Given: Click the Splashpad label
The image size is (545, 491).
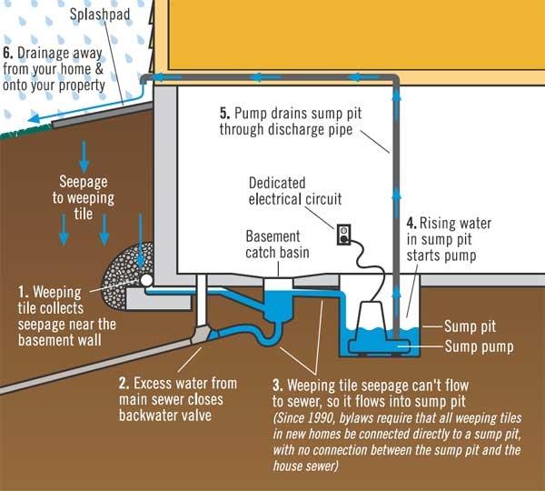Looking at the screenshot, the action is [100, 15].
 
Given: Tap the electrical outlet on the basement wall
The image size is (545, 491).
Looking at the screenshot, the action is [343, 235].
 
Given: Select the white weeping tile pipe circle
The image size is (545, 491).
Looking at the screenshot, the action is [146, 280].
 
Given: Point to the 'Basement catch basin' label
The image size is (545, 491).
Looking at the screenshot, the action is [277, 245].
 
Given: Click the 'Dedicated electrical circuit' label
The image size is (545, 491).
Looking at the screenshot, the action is [294, 191].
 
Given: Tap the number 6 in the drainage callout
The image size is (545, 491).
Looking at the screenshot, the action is [7, 54].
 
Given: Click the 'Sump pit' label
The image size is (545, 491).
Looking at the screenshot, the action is [470, 326].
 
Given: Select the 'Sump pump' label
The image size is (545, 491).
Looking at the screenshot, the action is [479, 346].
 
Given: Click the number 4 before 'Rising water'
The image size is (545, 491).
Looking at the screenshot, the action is [411, 223].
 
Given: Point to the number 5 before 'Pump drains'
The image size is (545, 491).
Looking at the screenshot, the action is [225, 114].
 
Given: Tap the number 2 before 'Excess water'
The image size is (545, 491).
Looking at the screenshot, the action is [124, 384].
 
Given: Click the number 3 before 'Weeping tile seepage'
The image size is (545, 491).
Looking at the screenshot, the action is [278, 386].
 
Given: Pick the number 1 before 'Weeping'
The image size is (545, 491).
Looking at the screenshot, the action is [23, 292].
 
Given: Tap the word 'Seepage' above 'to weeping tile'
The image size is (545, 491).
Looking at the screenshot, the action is [84, 182].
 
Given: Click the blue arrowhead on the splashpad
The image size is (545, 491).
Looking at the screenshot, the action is [33, 119].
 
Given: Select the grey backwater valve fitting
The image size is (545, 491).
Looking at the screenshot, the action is [202, 335].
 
